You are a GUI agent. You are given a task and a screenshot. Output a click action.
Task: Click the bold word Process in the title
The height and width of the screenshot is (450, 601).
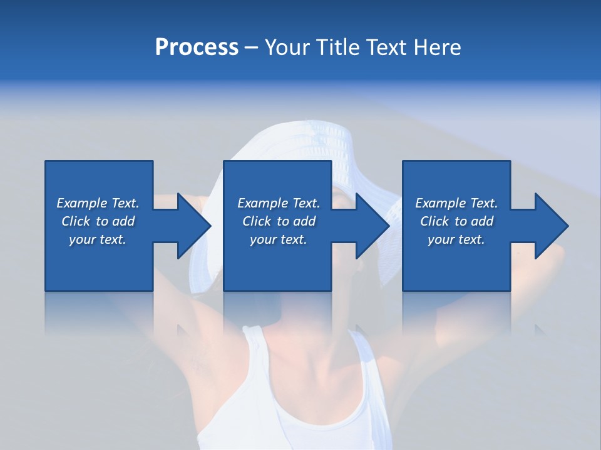(197, 47)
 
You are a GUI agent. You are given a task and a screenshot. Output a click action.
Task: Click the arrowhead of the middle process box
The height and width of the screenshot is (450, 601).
(372, 226)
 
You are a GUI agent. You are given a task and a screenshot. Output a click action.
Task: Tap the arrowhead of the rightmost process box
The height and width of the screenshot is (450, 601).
(551, 226)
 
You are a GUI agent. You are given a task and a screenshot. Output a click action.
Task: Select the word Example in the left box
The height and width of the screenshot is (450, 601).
(81, 203)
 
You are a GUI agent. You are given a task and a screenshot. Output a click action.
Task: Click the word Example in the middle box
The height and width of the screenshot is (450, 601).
(262, 203)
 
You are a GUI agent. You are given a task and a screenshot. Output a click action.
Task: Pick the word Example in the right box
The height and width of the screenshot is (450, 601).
(440, 203)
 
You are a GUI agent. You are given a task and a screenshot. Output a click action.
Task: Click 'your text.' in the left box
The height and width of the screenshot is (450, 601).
(98, 239)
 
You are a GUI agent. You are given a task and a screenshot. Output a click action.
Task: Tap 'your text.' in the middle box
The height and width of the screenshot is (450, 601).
(278, 239)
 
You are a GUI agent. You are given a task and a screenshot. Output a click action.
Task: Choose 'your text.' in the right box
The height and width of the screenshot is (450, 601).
(456, 239)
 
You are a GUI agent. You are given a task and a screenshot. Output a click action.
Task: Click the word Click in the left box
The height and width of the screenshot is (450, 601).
(76, 221)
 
